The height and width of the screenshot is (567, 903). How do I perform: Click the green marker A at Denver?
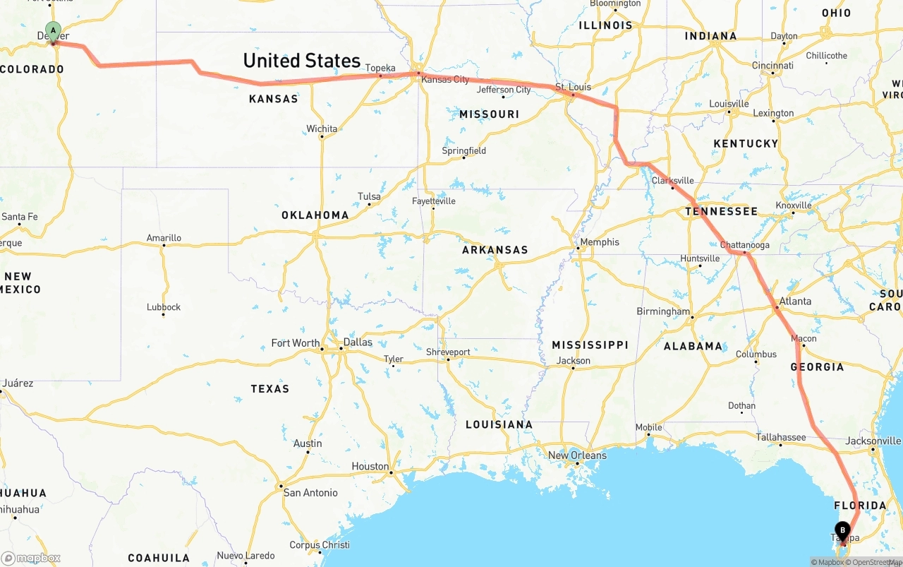(53, 32)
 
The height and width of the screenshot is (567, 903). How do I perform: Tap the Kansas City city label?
(444, 79)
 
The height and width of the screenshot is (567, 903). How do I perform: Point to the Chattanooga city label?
(745, 245)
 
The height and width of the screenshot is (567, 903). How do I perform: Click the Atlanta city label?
(795, 301)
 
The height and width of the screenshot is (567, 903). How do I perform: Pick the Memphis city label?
(600, 242)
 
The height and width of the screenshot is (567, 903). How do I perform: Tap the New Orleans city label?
(577, 455)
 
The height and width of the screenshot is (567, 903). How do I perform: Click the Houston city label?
(370, 466)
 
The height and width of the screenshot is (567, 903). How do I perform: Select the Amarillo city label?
(164, 238)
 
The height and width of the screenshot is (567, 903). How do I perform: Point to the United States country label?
(301, 61)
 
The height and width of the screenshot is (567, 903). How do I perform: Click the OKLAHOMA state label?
(315, 215)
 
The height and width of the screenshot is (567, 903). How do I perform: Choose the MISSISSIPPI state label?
(590, 345)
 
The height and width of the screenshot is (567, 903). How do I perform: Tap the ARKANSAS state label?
(495, 250)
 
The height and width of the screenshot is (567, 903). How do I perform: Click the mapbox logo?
(30, 558)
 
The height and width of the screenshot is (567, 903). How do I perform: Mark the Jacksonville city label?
(873, 441)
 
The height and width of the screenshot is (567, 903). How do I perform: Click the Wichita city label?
(322, 129)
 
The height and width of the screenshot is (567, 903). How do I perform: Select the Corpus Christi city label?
(320, 544)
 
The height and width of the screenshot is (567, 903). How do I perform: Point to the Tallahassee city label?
(781, 437)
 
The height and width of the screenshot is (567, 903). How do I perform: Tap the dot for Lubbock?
(164, 315)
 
